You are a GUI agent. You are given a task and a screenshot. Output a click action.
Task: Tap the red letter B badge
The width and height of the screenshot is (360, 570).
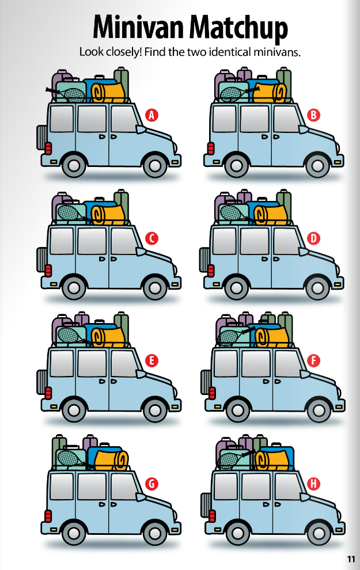314,115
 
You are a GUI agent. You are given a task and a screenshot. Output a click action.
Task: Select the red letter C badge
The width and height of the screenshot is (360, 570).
152,238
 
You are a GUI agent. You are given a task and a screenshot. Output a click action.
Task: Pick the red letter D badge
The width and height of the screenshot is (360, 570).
314,238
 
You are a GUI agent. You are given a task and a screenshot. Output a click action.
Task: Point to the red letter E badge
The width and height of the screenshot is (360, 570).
152,361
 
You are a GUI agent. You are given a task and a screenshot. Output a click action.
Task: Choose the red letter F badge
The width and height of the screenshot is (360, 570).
314,361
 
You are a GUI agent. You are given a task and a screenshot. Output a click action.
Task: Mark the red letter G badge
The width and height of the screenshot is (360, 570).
152,484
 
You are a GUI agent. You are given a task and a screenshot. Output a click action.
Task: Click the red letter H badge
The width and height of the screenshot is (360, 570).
314,484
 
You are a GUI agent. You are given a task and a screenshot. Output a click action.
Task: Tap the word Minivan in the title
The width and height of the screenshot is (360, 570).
138,27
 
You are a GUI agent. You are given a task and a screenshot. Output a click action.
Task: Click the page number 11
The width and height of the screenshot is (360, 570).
350,558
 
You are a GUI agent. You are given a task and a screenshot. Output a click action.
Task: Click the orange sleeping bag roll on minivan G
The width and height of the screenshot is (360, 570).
111,459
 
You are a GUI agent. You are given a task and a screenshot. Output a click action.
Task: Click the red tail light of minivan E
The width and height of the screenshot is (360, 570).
48,394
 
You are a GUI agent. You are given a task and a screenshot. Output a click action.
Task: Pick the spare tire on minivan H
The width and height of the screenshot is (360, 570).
206,504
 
